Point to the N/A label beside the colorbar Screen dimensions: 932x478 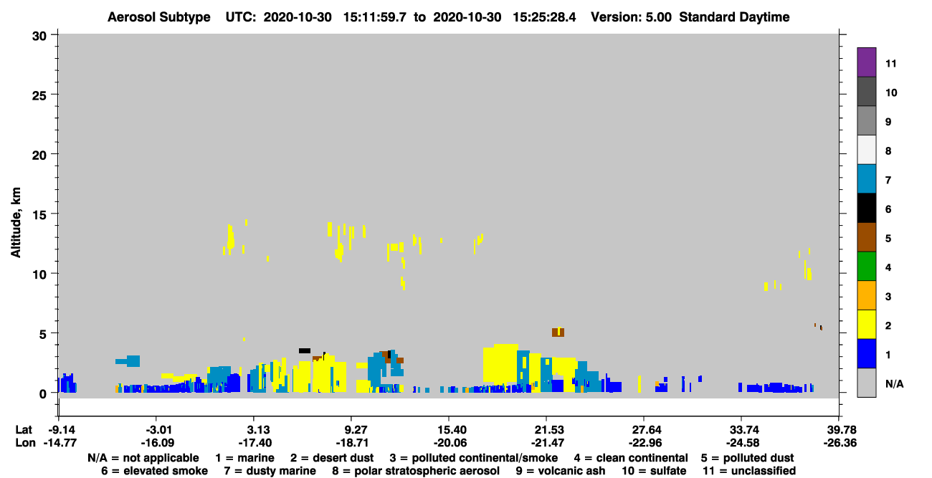coord(894,383)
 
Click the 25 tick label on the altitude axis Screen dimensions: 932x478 coord(39,96)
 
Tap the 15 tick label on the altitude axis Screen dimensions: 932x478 coord(39,215)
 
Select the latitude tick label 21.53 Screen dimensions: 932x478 coord(547,429)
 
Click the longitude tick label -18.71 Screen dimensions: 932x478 coord(352,443)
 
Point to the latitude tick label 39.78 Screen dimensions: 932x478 coord(839,429)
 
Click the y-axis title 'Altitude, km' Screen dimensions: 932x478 coord(16,223)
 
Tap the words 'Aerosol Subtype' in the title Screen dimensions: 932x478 coord(159,17)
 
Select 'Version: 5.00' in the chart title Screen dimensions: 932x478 coord(631,17)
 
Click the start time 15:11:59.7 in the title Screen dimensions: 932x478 coord(375,17)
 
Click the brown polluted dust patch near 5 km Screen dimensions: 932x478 coord(558,332)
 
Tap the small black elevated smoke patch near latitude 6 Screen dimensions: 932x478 coord(305,350)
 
